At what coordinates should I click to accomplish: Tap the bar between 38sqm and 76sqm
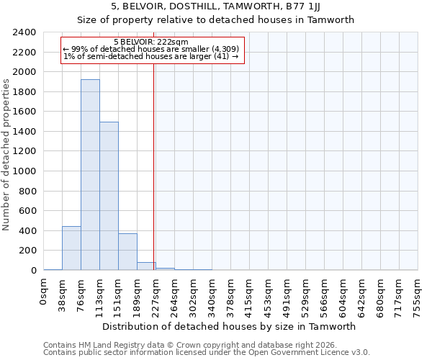pos(71,248)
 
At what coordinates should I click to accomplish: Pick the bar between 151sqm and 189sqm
pos(127,251)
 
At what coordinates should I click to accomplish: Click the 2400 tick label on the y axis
pos(24,32)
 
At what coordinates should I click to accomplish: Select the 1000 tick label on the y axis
pos(24,171)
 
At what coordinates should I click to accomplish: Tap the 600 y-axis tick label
pos(27,211)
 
